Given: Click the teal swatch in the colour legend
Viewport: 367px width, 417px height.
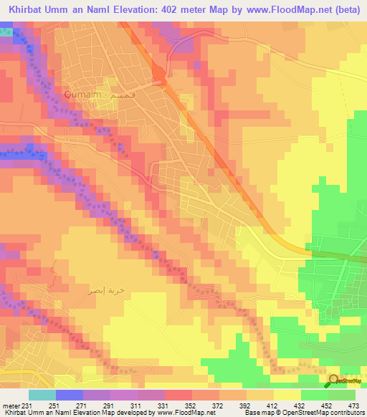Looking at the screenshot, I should pos(42,396).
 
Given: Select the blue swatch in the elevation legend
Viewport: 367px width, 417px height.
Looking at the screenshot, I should pos(70,396).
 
